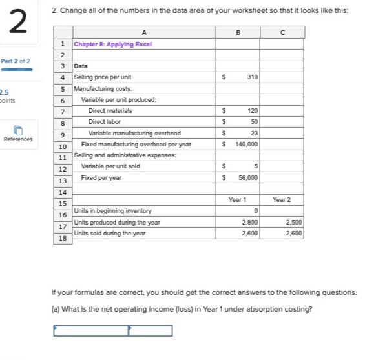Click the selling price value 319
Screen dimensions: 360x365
coord(252,77)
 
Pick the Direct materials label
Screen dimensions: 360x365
coord(110,111)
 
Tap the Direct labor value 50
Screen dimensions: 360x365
coord(254,121)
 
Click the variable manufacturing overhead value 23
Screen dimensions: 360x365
coord(254,133)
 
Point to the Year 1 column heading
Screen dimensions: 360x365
coord(238,199)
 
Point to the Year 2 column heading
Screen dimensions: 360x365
coord(282,199)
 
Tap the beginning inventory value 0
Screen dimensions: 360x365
coord(256,211)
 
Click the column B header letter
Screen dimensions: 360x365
coord(238,32)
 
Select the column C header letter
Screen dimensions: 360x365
coord(282,32)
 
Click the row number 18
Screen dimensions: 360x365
coord(62,238)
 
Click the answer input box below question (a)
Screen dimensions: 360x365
coord(112,331)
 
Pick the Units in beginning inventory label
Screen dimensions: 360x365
coord(113,211)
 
